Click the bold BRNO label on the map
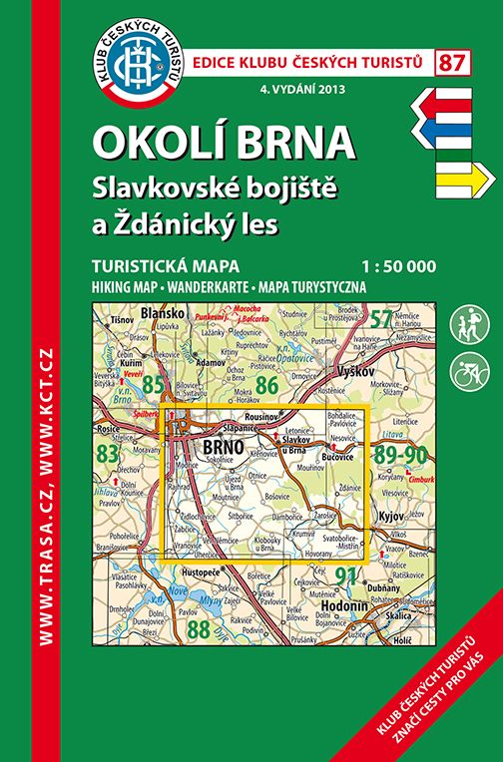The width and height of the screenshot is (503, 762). (x=222, y=447)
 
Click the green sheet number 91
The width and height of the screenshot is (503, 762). (x=344, y=573)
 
